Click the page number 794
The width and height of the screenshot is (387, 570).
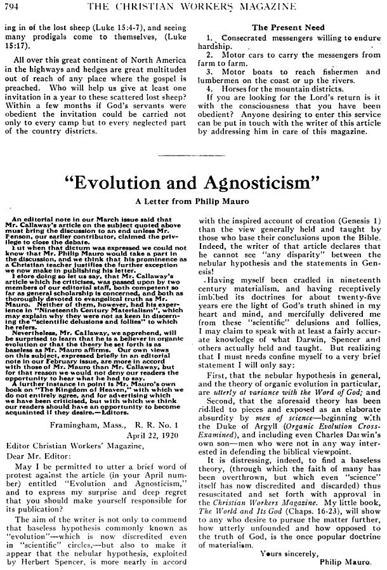[13, 7]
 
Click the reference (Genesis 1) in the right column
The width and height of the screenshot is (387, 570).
[358, 221]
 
